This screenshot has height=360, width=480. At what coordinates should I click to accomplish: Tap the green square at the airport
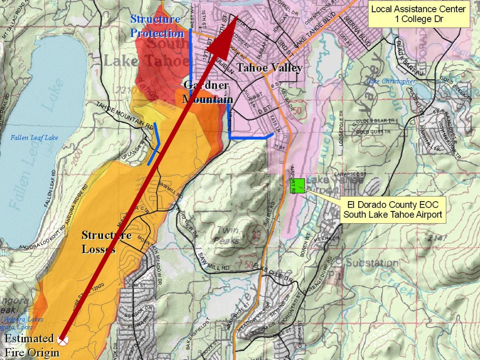(300, 185)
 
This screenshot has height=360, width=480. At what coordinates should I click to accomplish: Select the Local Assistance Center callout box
(419, 14)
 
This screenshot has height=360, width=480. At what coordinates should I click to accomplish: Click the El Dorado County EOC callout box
(392, 210)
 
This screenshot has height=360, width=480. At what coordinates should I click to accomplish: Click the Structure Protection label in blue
(157, 26)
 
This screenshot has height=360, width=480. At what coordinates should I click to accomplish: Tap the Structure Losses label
(106, 242)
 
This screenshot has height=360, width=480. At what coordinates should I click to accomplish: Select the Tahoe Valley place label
(269, 67)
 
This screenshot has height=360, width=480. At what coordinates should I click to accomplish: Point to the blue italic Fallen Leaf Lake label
(35, 138)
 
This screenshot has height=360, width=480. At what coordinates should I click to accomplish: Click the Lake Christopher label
(390, 82)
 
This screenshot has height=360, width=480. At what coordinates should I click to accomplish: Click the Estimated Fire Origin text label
(32, 345)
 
